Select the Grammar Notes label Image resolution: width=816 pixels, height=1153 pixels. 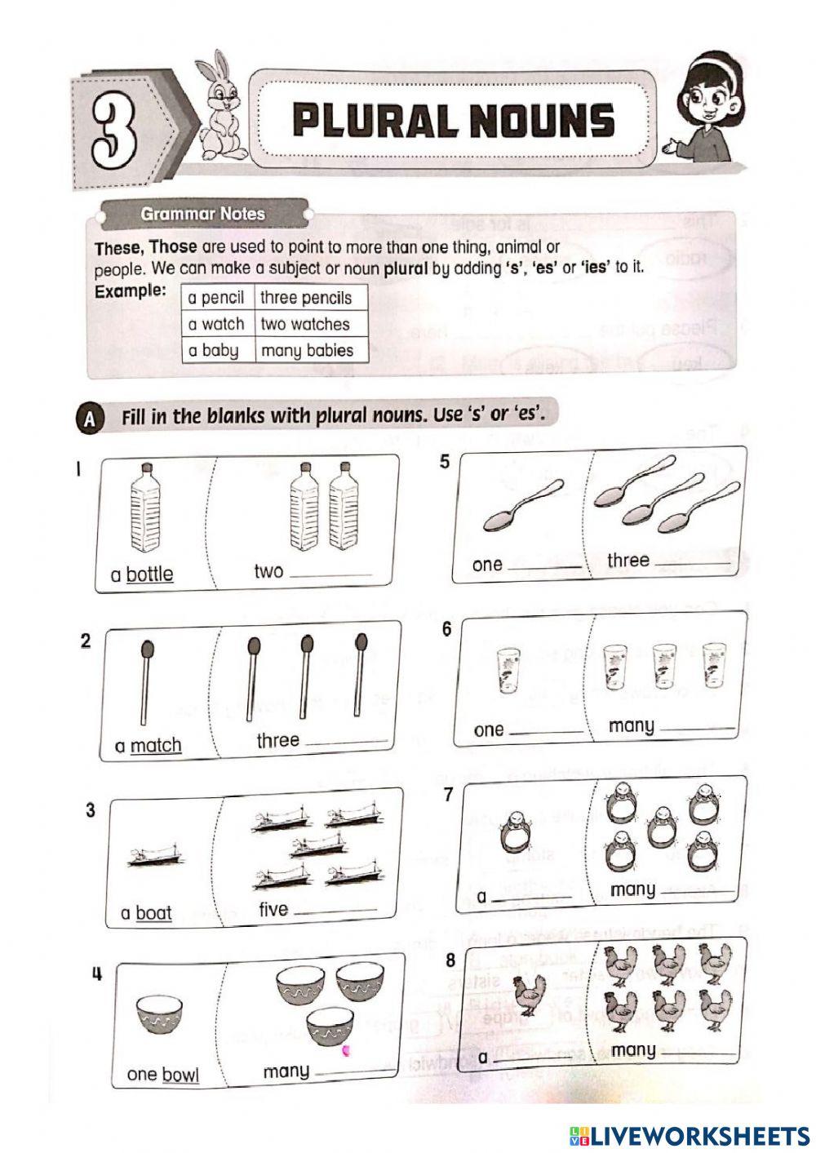[202, 214]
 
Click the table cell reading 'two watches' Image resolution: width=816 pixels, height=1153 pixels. [304, 324]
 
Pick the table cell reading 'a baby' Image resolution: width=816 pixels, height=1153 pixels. [214, 351]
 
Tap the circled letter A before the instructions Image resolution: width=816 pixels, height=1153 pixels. [89, 419]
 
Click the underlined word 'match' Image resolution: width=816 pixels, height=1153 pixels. [156, 745]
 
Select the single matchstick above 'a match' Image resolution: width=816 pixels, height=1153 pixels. [147, 681]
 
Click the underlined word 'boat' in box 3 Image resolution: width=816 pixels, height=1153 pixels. [153, 912]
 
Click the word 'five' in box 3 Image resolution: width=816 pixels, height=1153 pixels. [273, 909]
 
